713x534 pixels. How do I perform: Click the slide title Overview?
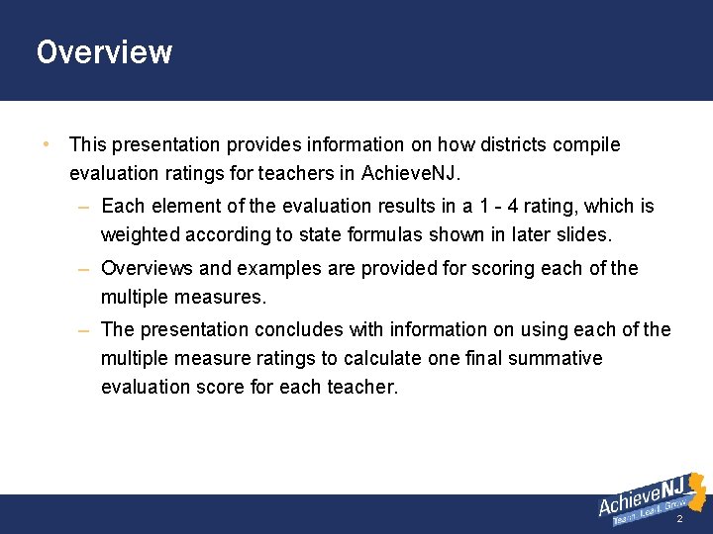pyautogui.click(x=104, y=51)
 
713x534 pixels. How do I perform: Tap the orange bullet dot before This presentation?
pyautogui.click(x=46, y=144)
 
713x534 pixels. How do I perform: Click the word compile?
pyautogui.click(x=587, y=145)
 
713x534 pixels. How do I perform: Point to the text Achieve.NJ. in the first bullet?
pyautogui.click(x=409, y=174)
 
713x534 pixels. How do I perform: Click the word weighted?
pyautogui.click(x=141, y=235)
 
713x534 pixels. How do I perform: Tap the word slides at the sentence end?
pyautogui.click(x=586, y=235)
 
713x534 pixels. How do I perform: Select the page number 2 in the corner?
pyautogui.click(x=679, y=519)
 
